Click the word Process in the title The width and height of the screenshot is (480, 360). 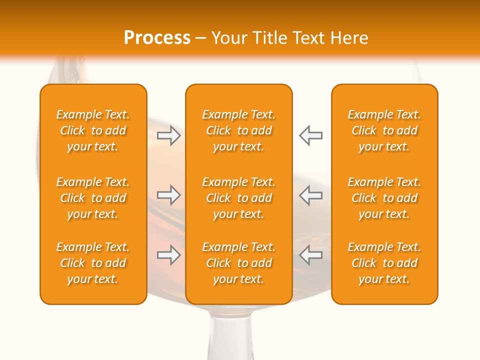(157, 38)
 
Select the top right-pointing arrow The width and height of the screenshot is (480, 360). (169, 135)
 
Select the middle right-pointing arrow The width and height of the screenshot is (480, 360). (169, 195)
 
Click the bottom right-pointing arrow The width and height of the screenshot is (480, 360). (169, 255)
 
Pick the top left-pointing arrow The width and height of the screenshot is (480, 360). (310, 135)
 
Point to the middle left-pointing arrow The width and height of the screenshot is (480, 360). (310, 195)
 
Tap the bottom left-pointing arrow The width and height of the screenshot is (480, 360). (310, 255)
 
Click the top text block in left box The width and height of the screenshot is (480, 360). (93, 130)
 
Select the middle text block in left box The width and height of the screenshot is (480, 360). (93, 198)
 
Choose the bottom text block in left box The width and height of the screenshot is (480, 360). (93, 263)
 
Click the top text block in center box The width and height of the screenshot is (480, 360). (239, 130)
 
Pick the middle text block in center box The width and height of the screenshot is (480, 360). (239, 198)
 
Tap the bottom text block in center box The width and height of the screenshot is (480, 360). (239, 263)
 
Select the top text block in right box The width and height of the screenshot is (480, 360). (384, 130)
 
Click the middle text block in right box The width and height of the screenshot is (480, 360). (384, 198)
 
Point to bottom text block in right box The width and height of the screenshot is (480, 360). (384, 263)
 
